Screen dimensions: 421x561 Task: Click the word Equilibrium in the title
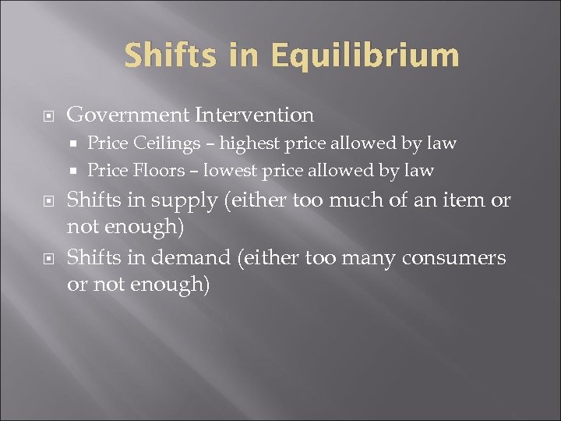(x=365, y=57)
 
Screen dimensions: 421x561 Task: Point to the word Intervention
(x=255, y=115)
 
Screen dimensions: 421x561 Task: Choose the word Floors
(x=157, y=170)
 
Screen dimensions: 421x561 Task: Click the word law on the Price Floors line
(x=420, y=170)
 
